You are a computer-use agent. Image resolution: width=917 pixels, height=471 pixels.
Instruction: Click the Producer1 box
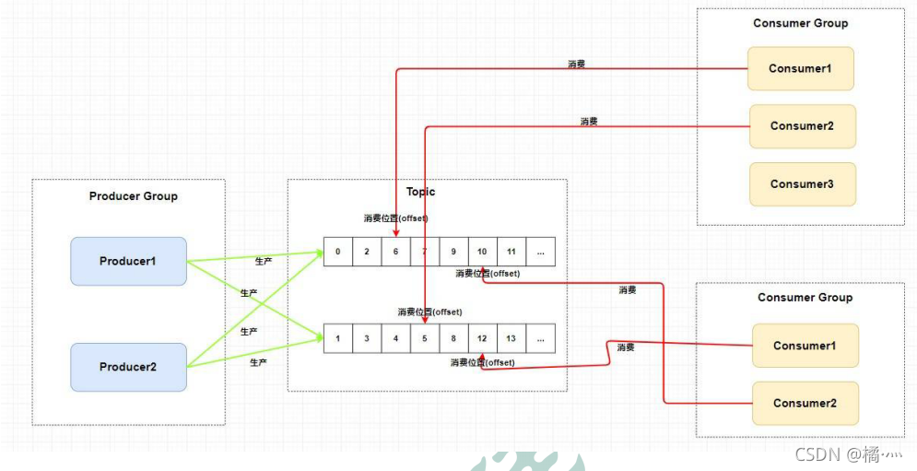pyautogui.click(x=128, y=261)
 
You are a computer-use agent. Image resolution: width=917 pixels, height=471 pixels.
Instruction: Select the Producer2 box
pyautogui.click(x=128, y=367)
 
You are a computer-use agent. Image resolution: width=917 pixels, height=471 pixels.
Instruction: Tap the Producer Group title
pyautogui.click(x=134, y=196)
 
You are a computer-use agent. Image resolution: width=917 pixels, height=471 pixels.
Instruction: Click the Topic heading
pyautogui.click(x=421, y=192)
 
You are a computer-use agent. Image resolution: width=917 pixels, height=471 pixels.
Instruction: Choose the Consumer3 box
pyautogui.click(x=802, y=184)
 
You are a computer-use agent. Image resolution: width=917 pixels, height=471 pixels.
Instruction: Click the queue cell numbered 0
pyautogui.click(x=338, y=252)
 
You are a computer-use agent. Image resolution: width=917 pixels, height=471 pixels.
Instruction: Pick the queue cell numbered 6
pyautogui.click(x=395, y=252)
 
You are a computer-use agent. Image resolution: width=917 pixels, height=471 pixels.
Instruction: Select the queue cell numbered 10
pyautogui.click(x=482, y=252)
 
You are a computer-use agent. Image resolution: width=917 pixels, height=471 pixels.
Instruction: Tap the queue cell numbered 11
pyautogui.click(x=511, y=252)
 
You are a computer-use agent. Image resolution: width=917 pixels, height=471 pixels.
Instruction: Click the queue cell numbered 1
pyautogui.click(x=338, y=338)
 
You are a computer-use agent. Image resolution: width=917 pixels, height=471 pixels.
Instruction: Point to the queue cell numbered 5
pyautogui.click(x=425, y=338)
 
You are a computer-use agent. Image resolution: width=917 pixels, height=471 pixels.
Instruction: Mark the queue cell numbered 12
pyautogui.click(x=482, y=338)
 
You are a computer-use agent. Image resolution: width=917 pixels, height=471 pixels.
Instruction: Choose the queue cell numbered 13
pyautogui.click(x=511, y=338)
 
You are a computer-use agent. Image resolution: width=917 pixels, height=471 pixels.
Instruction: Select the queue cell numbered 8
pyautogui.click(x=453, y=338)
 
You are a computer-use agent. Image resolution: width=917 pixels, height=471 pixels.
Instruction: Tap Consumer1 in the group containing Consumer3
pyautogui.click(x=801, y=68)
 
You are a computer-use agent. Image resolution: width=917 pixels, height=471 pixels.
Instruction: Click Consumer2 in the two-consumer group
pyautogui.click(x=805, y=403)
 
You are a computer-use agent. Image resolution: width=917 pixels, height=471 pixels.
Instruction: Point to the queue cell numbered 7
pyautogui.click(x=425, y=252)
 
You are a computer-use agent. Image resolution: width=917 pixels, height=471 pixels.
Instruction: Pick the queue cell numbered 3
pyautogui.click(x=367, y=338)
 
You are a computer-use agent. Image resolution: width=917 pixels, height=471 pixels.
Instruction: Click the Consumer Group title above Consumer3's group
pyautogui.click(x=800, y=23)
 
